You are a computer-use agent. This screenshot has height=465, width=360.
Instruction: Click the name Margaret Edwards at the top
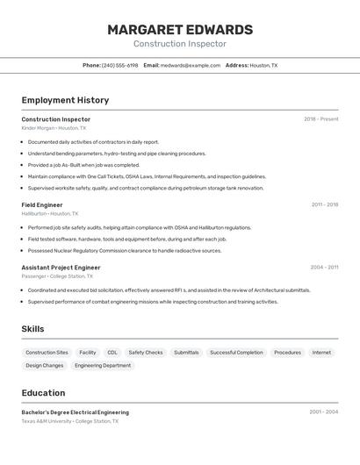tap(180, 30)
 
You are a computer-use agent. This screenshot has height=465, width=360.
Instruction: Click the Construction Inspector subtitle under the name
tap(180, 44)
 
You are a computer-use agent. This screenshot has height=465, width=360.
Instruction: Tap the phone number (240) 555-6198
tap(120, 66)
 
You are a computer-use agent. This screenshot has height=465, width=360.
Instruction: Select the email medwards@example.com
tap(191, 66)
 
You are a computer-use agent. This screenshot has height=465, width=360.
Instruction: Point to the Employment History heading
tap(65, 100)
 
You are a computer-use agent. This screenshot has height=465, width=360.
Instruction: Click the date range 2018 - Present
tap(320, 119)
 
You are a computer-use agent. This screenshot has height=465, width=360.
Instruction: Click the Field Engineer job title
tap(42, 204)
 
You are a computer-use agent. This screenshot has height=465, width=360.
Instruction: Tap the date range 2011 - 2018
tap(324, 204)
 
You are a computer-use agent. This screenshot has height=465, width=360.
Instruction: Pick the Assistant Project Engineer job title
tap(61, 268)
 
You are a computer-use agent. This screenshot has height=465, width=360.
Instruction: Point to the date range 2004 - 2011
tap(324, 268)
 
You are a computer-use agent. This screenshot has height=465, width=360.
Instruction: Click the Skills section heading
tap(33, 329)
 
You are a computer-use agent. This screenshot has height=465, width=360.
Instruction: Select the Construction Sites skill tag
tap(47, 353)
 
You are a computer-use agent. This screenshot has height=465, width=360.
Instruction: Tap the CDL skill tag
tap(112, 353)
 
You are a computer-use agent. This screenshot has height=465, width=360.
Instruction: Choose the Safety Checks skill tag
tap(146, 353)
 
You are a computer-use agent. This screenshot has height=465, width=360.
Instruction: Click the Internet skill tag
tap(321, 353)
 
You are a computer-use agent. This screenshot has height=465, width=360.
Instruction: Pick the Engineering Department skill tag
tap(103, 366)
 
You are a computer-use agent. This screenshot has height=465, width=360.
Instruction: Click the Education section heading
tap(43, 393)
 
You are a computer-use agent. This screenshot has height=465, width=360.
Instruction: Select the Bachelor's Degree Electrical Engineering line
tap(76, 412)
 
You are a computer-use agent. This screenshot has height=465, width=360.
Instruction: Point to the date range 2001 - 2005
tap(323, 412)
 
